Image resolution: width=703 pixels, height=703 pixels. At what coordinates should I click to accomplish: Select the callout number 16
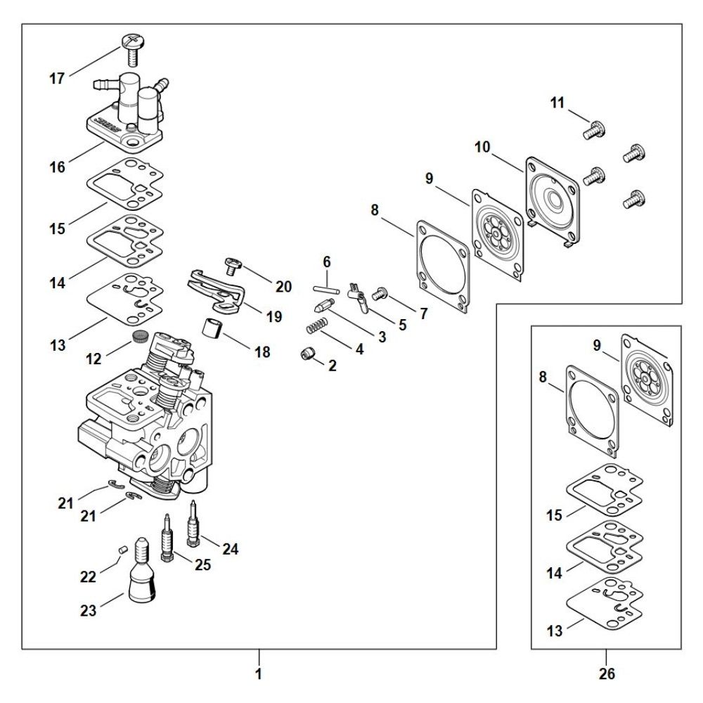click(57, 167)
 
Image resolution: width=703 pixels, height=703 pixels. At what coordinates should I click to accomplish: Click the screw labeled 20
click(233, 264)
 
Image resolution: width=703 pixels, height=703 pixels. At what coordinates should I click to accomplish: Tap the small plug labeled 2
click(307, 355)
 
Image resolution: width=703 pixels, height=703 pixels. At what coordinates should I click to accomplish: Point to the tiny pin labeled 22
click(123, 548)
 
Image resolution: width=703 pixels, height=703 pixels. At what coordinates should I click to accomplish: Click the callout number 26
click(607, 674)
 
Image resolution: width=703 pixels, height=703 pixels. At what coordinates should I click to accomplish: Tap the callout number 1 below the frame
click(259, 674)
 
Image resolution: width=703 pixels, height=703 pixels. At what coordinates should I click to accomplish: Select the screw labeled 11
click(595, 130)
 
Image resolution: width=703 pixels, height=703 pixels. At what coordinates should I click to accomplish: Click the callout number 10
click(482, 148)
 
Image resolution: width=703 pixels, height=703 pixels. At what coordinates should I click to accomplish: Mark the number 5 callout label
click(402, 325)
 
